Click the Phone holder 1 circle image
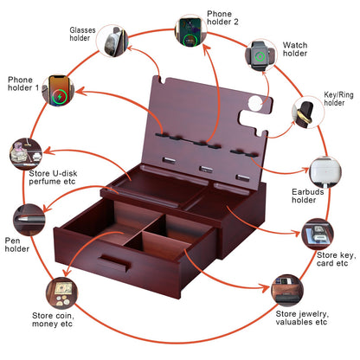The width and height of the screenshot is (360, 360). click(58, 90)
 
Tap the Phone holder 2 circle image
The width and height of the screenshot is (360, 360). click(191, 30)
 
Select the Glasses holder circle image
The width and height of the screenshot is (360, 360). click(112, 41)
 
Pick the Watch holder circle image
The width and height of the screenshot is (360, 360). click(261, 55)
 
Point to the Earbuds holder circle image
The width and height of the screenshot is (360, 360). click(325, 172)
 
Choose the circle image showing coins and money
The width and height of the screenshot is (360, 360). click(62, 293)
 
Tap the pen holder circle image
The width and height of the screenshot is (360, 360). click(29, 220)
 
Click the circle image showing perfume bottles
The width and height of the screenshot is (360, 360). click(26, 154)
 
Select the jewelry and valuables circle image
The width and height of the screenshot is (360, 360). click(287, 290)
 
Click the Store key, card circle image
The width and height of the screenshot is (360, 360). click(318, 235)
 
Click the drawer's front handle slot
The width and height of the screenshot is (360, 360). click(113, 262)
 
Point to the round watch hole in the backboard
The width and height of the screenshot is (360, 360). click(255, 102)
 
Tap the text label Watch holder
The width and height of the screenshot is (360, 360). click(295, 49)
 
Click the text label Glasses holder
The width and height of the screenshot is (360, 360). click(82, 34)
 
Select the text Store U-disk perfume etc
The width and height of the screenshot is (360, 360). click(53, 177)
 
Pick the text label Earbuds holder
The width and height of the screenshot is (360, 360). click(307, 196)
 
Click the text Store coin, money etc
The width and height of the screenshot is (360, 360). click(53, 319)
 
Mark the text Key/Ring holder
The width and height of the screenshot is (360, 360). click(338, 99)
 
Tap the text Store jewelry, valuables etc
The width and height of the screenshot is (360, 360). click(302, 318)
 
